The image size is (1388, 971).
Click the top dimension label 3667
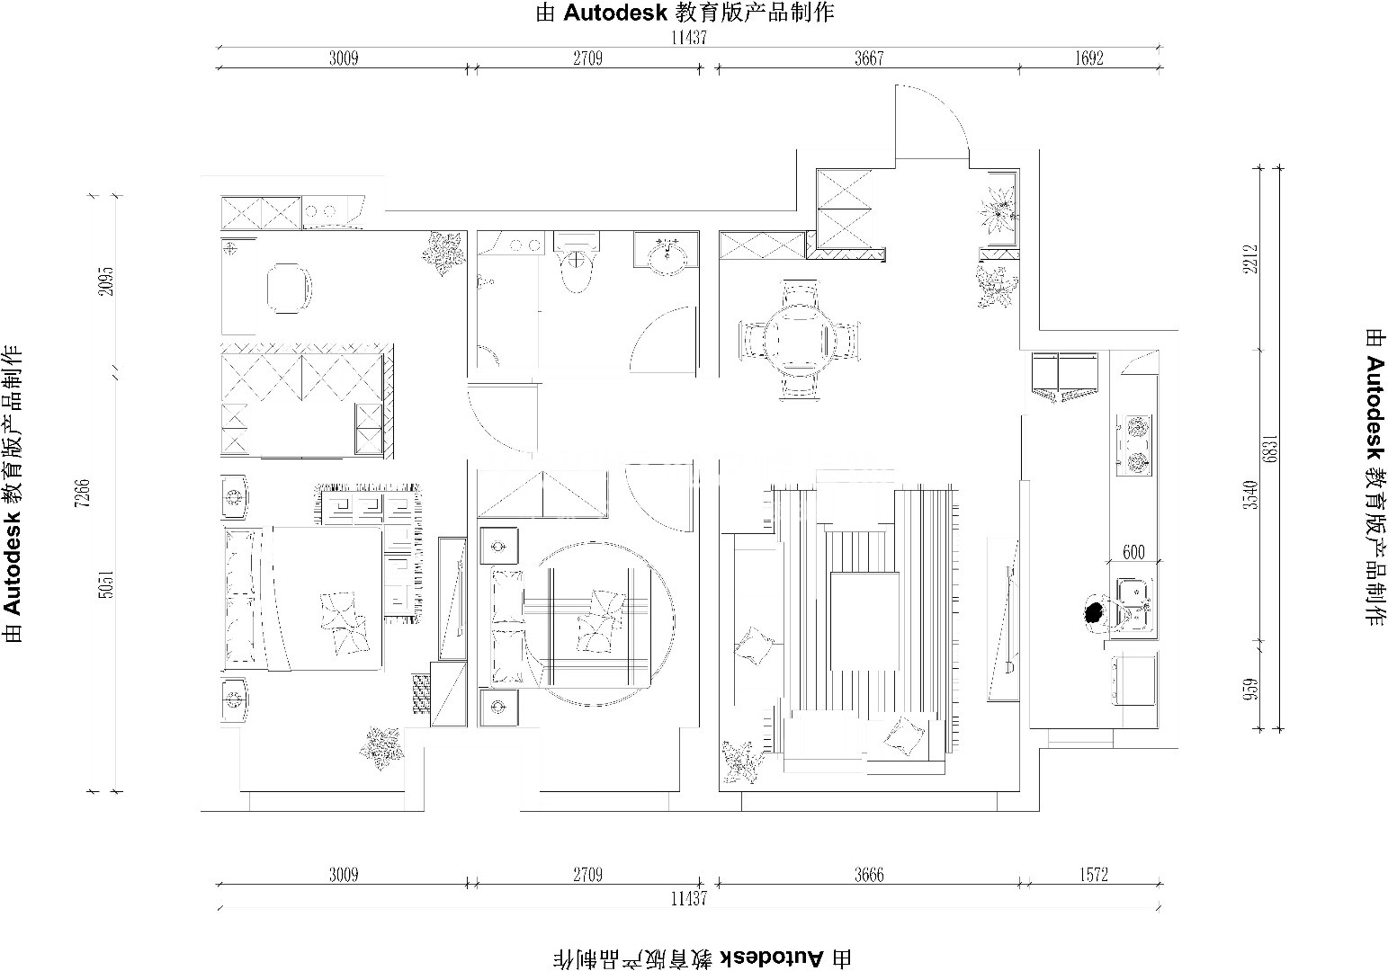coord(869,58)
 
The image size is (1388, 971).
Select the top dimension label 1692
coord(1088,58)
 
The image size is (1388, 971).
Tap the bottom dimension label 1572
coord(1093,875)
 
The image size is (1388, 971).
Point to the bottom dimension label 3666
coord(869,875)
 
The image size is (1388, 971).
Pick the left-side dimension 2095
coord(106,281)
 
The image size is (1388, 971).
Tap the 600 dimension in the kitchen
coord(1133,552)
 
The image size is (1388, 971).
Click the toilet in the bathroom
coord(577,265)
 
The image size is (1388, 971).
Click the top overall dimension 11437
coord(688,38)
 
